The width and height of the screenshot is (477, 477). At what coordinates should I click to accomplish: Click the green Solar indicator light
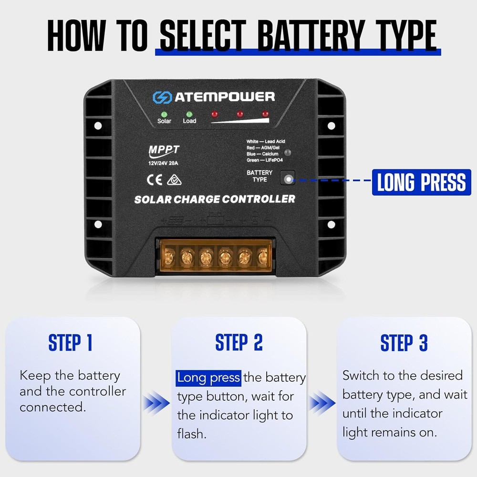(164, 114)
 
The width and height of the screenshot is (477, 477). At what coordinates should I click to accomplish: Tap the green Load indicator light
(189, 114)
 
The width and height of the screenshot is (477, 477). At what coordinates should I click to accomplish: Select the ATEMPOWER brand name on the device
(224, 97)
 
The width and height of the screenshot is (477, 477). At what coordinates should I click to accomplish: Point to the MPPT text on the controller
(164, 150)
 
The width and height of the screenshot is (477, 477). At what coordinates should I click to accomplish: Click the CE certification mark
(156, 180)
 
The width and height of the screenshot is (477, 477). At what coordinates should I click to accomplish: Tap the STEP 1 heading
(70, 342)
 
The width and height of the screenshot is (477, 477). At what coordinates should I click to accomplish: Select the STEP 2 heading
(238, 342)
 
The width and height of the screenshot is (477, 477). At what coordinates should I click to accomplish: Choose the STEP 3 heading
(404, 342)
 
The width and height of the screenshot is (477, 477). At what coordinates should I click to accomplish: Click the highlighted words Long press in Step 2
(208, 378)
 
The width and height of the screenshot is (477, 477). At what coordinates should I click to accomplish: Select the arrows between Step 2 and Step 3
(321, 404)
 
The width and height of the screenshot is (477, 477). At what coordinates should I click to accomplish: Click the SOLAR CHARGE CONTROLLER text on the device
(215, 199)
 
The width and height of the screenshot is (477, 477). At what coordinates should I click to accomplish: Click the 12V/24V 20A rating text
(164, 162)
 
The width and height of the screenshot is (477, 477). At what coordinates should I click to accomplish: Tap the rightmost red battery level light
(265, 114)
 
